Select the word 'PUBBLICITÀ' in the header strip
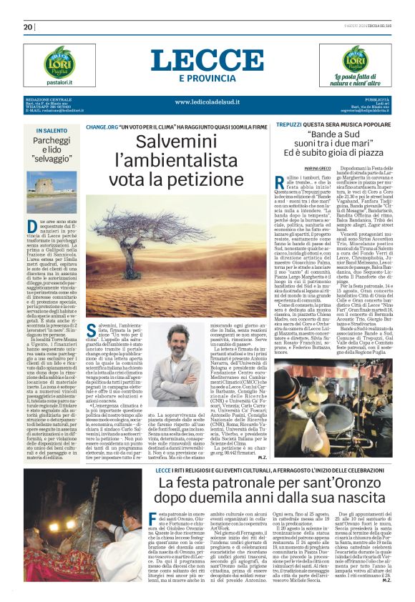377,99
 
